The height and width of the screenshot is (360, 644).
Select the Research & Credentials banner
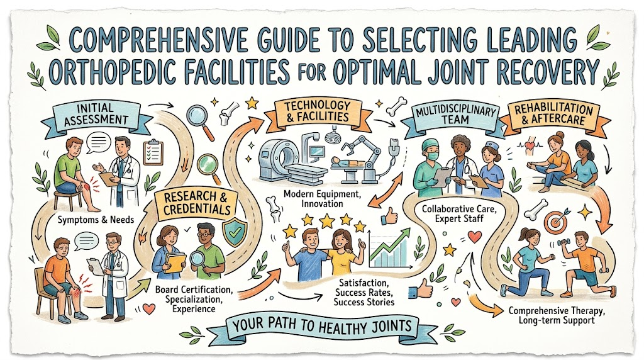click(x=197, y=203)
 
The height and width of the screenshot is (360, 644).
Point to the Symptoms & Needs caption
click(x=96, y=220)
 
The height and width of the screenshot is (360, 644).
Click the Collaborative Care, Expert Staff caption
click(x=459, y=213)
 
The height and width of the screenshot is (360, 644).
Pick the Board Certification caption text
click(x=194, y=290)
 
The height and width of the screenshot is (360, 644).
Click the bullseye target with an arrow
click(x=555, y=220)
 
